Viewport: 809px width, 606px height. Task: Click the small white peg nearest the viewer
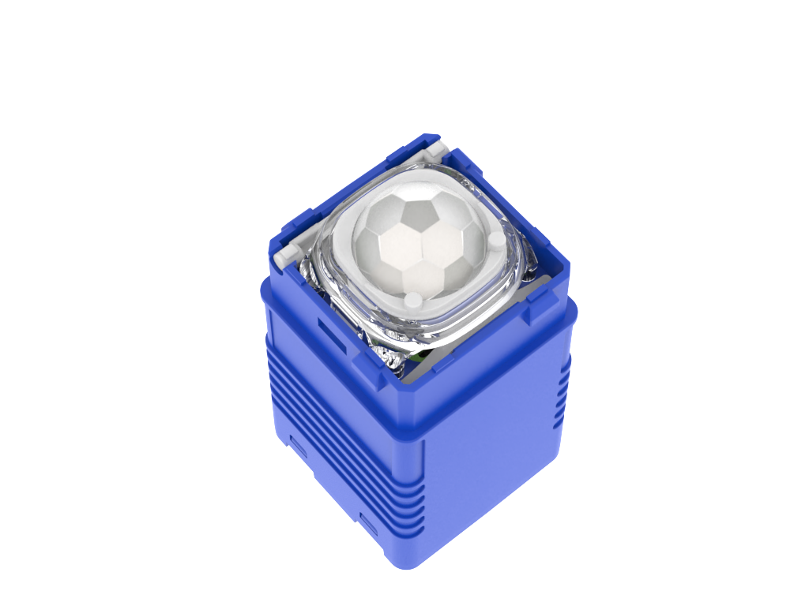tap(413, 299)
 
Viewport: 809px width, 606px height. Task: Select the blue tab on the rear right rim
tap(474, 170)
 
